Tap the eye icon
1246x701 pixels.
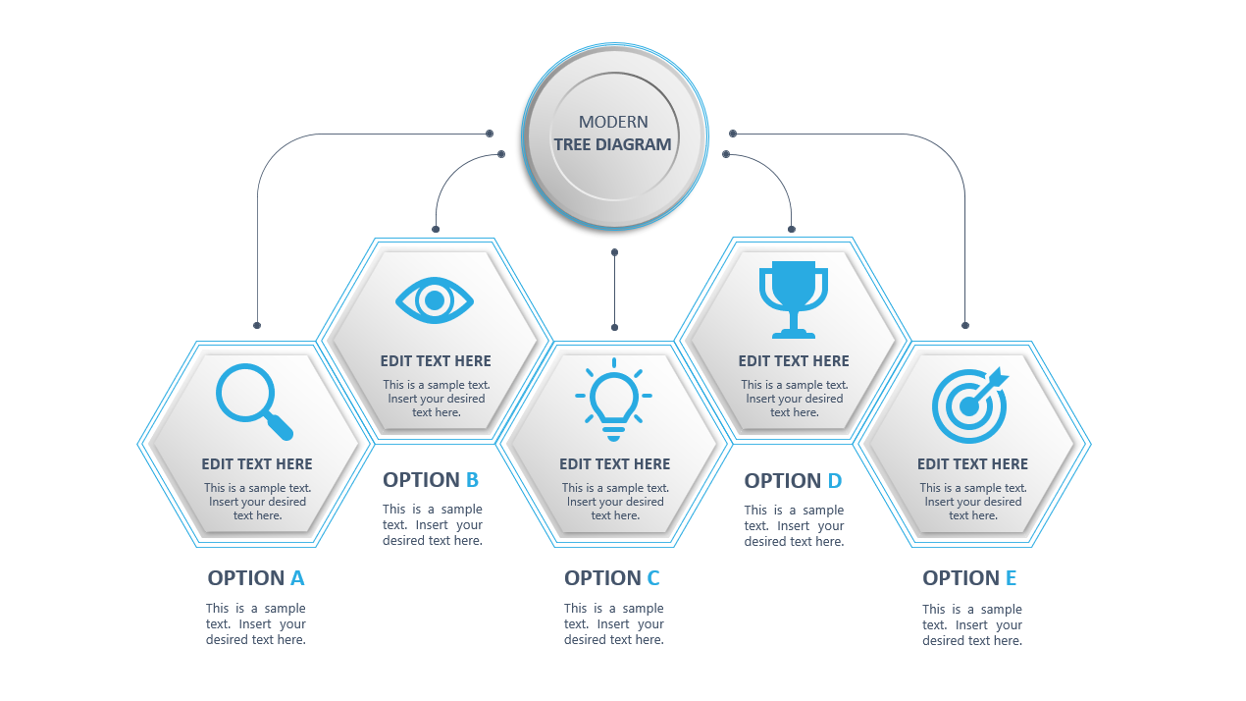pyautogui.click(x=435, y=300)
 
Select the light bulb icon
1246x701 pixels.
pyautogui.click(x=613, y=400)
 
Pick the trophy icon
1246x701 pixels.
pyautogui.click(x=794, y=300)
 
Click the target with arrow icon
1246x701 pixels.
pyautogui.click(x=969, y=405)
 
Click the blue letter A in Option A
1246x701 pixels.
pyautogui.click(x=297, y=578)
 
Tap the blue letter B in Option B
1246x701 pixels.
pyautogui.click(x=472, y=480)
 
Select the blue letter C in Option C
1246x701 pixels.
pyautogui.click(x=653, y=578)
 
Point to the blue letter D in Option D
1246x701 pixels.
pyautogui.click(x=835, y=481)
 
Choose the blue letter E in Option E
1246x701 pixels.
pyautogui.click(x=1012, y=578)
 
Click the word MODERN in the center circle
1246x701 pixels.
pyautogui.click(x=613, y=122)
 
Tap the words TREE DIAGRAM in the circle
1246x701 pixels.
pyautogui.click(x=613, y=144)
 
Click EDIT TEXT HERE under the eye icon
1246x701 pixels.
pyautogui.click(x=436, y=360)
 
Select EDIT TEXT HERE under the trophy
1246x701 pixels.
pyautogui.click(x=794, y=360)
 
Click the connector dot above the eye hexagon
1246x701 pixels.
pyautogui.click(x=436, y=229)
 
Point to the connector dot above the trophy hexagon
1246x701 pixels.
pyautogui.click(x=792, y=229)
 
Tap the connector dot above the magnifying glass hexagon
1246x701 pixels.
pyautogui.click(x=257, y=325)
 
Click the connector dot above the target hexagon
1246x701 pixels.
pyautogui.click(x=965, y=325)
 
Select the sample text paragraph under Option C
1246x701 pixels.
pyautogui.click(x=613, y=624)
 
